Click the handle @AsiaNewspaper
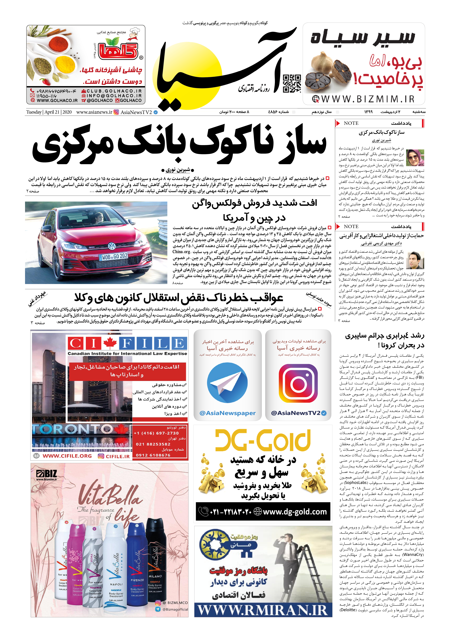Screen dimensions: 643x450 click(x=227, y=413)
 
